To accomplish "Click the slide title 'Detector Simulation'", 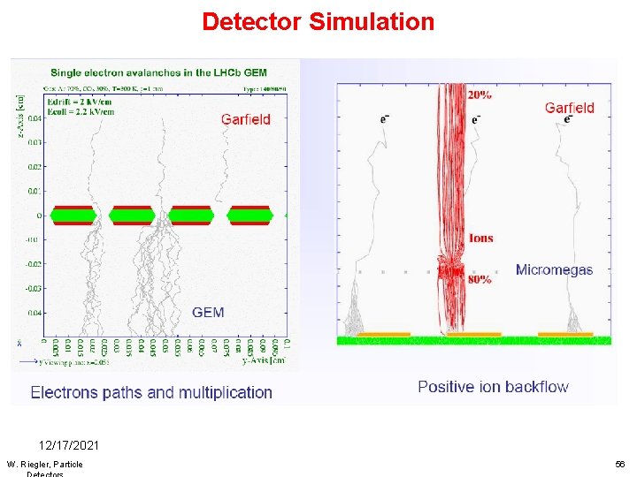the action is [x=318, y=21].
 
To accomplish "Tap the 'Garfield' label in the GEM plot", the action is [x=246, y=118].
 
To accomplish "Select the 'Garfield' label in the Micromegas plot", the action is [x=570, y=108].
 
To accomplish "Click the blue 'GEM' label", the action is [x=208, y=312].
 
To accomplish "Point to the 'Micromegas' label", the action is [x=554, y=269].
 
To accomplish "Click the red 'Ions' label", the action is [x=481, y=238].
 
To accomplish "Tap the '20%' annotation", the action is [x=481, y=95].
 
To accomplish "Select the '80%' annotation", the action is [x=481, y=280].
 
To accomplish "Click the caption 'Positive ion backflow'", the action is [x=493, y=386].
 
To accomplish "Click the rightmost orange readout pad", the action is [x=565, y=335].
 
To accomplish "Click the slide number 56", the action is [x=619, y=464].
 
